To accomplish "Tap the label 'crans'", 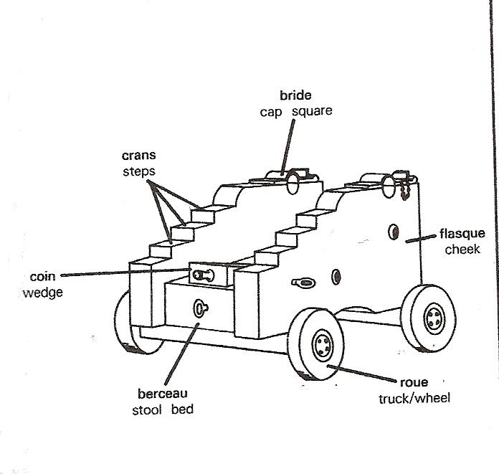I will point(138,156).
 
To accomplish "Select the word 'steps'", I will point(138,171).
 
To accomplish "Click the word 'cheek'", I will point(462,250).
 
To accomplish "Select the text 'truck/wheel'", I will point(414,397).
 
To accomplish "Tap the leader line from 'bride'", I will point(287,147).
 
